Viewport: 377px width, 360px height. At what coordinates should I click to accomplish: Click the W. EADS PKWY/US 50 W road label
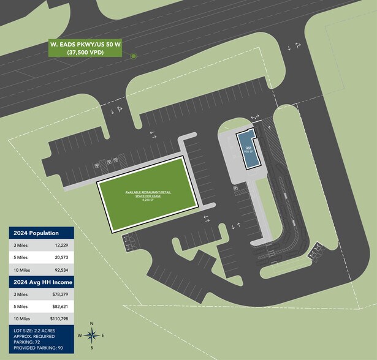84,44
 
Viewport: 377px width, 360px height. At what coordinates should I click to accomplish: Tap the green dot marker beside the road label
133,56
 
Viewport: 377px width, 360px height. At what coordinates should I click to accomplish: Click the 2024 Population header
34,233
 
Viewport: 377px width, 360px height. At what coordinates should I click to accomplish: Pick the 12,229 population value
60,245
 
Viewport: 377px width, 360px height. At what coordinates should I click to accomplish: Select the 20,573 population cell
60,257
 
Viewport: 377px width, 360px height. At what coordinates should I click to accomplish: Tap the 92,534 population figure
60,269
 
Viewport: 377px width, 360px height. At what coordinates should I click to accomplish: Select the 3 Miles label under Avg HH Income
20,294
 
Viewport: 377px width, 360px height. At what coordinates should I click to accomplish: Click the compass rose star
91,335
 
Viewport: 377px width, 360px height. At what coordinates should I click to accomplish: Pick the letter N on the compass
91,323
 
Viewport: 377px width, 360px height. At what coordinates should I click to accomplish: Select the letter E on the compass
103,336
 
